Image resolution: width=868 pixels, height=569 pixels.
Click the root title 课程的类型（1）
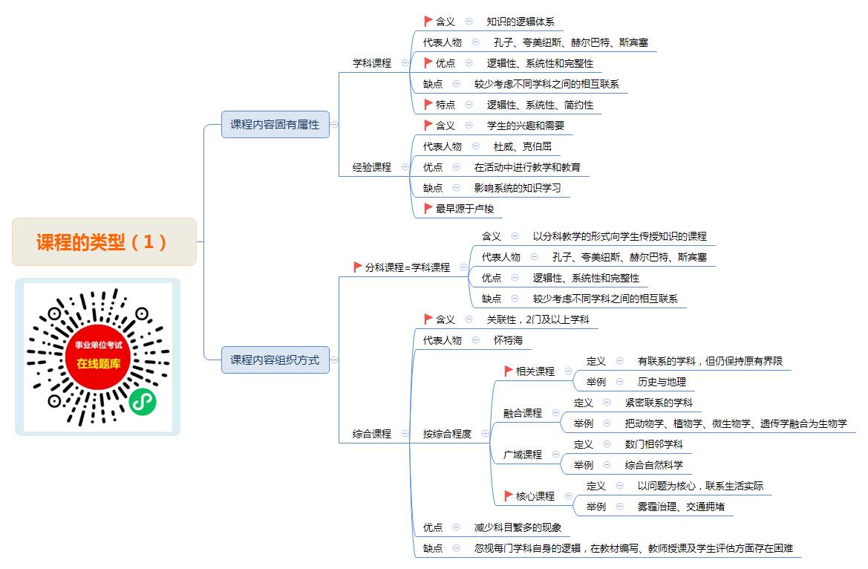click(101, 242)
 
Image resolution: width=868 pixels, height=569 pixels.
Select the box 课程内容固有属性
click(275, 125)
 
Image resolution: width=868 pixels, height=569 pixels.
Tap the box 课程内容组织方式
click(275, 360)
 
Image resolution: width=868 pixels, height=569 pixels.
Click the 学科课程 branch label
click(372, 63)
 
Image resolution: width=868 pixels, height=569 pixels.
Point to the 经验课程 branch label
click(372, 167)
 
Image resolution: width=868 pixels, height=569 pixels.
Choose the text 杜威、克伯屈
click(523, 147)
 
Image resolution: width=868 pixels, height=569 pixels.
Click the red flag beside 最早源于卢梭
click(428, 208)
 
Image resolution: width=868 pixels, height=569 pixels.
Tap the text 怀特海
click(508, 341)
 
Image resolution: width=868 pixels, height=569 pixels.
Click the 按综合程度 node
click(447, 434)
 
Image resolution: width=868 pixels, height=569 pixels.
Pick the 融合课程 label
click(523, 413)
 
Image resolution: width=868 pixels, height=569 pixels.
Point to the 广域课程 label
click(523, 455)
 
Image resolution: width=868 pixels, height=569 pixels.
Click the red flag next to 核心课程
click(508, 496)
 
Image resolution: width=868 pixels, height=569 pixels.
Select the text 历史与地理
click(662, 383)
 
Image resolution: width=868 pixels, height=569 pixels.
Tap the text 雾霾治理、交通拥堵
click(681, 507)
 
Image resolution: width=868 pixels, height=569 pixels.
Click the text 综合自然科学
click(653, 466)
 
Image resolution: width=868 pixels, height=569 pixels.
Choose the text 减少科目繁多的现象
click(518, 527)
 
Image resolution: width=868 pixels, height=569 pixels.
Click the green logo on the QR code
click(143, 402)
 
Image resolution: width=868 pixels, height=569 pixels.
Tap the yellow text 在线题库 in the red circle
click(99, 364)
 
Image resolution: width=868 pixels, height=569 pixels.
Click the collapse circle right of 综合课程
click(405, 434)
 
